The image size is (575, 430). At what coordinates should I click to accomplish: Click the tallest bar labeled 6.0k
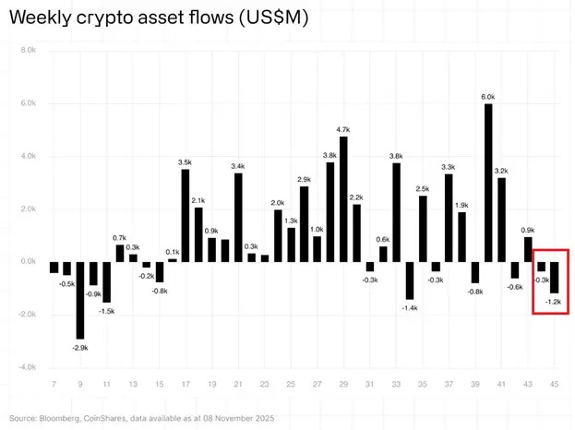488,183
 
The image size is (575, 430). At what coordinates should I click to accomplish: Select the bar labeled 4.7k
343,199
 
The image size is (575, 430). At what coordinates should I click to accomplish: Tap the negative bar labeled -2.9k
80,301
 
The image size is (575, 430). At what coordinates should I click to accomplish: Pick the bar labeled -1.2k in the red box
555,278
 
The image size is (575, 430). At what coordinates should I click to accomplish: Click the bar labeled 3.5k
186,215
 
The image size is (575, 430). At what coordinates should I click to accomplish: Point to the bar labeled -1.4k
409,281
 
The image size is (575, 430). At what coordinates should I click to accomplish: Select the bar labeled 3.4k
238,217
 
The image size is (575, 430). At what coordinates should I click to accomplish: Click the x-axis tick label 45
554,383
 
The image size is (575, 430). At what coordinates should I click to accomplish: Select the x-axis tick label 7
54,383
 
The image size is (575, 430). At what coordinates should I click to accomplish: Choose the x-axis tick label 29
343,383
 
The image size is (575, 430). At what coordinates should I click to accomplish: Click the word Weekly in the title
40,18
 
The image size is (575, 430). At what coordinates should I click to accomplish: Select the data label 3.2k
501,171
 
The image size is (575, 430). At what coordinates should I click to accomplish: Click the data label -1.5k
107,311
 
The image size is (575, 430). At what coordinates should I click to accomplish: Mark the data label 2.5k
423,188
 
